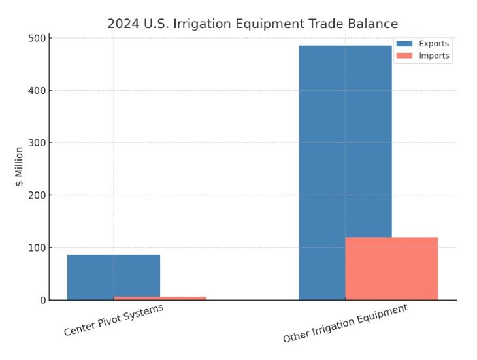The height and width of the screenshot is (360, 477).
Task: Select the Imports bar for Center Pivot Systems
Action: tap(160, 298)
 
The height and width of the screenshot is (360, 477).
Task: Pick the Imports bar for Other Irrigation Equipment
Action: tap(391, 268)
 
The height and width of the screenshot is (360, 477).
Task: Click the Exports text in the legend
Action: tap(434, 43)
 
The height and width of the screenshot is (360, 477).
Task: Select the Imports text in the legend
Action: tap(434, 56)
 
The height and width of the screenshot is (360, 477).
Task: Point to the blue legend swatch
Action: tap(404, 43)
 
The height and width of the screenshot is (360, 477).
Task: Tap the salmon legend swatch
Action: tap(404, 56)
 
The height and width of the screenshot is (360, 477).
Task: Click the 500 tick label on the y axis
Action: tap(36, 38)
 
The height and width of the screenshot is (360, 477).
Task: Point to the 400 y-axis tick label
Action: tap(36, 90)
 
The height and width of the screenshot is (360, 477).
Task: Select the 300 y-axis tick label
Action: tap(36, 142)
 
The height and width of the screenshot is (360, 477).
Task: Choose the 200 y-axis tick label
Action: tap(36, 195)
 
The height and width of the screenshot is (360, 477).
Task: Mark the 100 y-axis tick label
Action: tap(36, 248)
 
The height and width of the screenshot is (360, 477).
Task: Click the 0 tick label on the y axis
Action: tap(41, 300)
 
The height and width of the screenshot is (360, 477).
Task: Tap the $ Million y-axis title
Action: tap(20, 167)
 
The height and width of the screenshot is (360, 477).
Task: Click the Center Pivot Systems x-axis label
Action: tap(113, 320)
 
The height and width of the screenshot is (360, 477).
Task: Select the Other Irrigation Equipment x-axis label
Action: tap(345, 323)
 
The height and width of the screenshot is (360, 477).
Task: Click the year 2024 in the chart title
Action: tap(122, 24)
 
